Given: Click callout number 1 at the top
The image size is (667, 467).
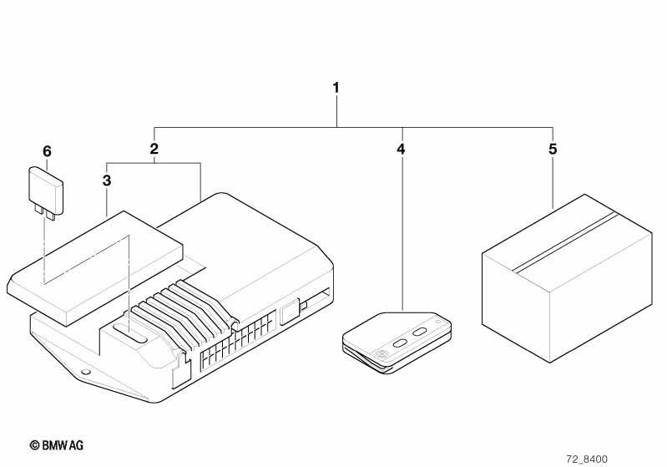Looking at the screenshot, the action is pos(336,88).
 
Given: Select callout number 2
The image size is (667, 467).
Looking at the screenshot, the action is pos(154,149).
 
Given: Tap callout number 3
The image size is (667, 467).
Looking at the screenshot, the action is pos(107,180).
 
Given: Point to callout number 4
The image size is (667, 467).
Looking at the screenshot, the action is pos(401,149).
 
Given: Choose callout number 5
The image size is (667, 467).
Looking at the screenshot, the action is pos(552,149).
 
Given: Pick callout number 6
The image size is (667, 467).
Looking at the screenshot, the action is pos(47,151).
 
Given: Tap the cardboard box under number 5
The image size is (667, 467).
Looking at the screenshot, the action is pos(567,278).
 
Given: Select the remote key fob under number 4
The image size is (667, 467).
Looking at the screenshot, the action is pos(397,343).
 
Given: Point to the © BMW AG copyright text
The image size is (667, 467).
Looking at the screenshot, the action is pos(57,445).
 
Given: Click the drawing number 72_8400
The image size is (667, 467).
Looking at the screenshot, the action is pos(587,459).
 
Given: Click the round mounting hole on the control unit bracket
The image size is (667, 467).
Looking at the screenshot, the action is pos(85,372).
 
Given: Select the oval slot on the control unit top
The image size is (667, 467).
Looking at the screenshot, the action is pos(130,332).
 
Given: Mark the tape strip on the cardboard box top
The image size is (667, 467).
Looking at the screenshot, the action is pos(565,241).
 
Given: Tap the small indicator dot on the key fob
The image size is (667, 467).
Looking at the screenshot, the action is pos(437,322).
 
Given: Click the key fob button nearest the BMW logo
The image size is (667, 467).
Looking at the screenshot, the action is pos(401,343).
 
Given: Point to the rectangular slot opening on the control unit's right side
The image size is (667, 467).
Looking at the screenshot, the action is pos(317,298).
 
